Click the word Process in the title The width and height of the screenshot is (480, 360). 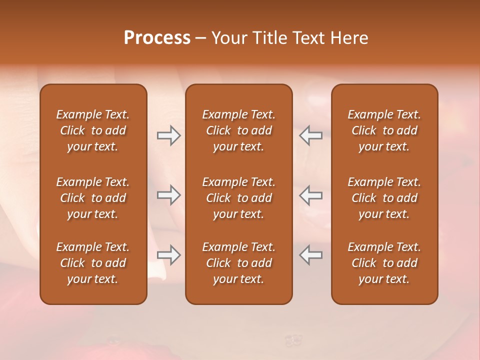pyautogui.click(x=157, y=38)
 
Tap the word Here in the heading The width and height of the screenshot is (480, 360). pyautogui.click(x=349, y=38)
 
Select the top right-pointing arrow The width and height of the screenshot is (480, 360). pyautogui.click(x=169, y=135)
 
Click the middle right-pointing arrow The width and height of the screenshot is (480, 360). pyautogui.click(x=169, y=195)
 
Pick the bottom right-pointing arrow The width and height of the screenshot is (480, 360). pyautogui.click(x=169, y=255)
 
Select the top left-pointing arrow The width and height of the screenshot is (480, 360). pyautogui.click(x=311, y=135)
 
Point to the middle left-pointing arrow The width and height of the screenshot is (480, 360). pyautogui.click(x=311, y=195)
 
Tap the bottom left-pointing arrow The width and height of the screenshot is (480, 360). pyautogui.click(x=311, y=255)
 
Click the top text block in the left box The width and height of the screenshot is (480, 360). pyautogui.click(x=93, y=130)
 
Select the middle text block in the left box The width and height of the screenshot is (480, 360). pyautogui.click(x=93, y=198)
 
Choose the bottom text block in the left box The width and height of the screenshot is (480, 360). pyautogui.click(x=93, y=263)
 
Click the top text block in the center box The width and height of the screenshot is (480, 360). pyautogui.click(x=239, y=130)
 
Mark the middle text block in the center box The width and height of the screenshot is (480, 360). pyautogui.click(x=239, y=198)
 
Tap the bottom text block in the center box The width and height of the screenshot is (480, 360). pyautogui.click(x=239, y=263)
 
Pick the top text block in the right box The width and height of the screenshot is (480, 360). pyautogui.click(x=384, y=130)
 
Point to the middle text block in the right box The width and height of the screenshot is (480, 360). pyautogui.click(x=384, y=198)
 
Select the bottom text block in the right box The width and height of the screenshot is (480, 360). pyautogui.click(x=384, y=263)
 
